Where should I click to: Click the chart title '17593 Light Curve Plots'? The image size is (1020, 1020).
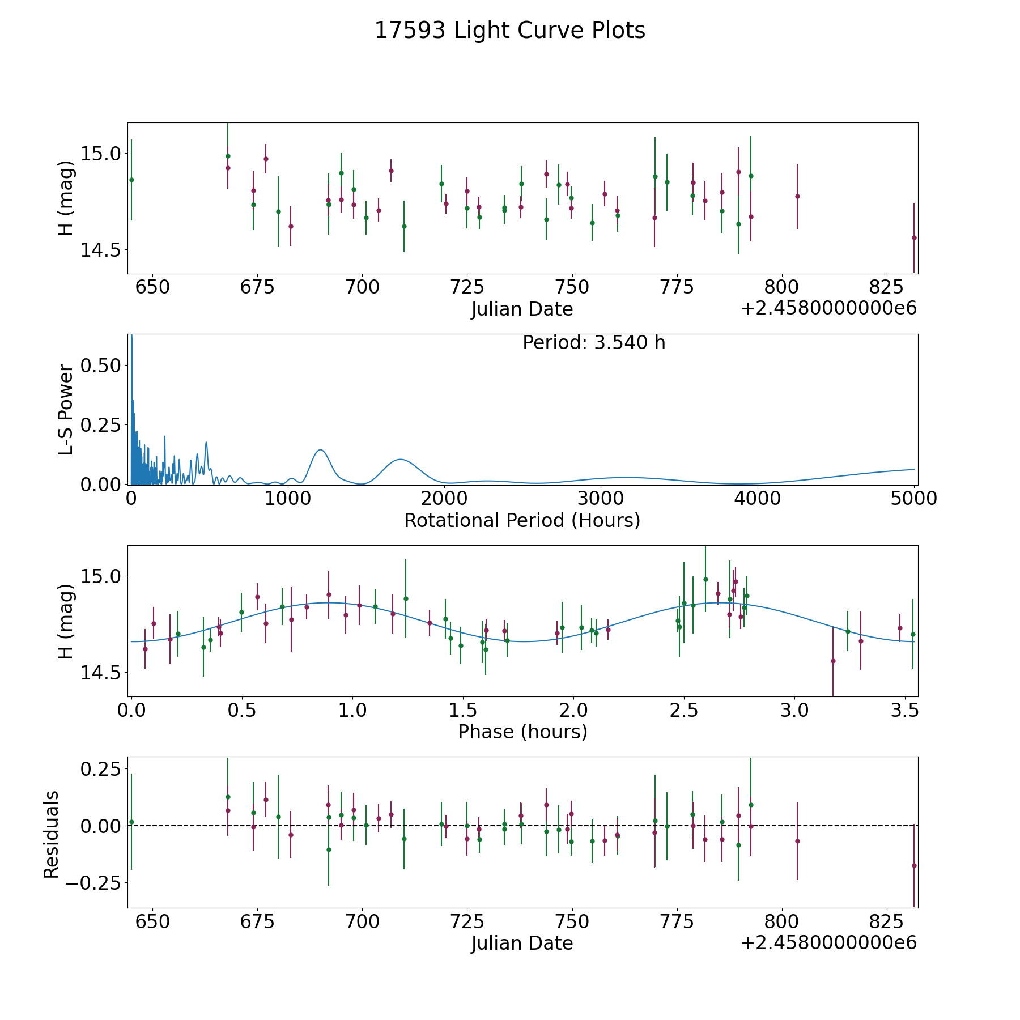point(510,31)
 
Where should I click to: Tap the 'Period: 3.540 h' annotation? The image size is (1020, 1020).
point(594,343)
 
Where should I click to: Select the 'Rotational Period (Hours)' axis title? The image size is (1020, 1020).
point(522,520)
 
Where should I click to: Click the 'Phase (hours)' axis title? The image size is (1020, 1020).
point(522,732)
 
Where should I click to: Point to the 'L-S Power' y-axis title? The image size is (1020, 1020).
point(66,409)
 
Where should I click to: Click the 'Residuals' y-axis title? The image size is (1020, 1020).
point(52,835)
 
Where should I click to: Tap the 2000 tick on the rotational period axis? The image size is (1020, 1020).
point(444,499)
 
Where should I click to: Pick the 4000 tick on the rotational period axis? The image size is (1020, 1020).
point(758,499)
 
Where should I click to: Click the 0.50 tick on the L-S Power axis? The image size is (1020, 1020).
point(100,365)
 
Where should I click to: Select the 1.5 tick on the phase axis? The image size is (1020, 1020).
point(462,710)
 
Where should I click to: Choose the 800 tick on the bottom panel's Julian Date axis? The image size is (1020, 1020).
point(781,921)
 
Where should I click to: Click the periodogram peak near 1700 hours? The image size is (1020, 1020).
point(400,459)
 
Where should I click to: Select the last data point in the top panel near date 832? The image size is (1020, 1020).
point(914,237)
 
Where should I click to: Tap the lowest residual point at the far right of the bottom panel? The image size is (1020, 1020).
point(914,865)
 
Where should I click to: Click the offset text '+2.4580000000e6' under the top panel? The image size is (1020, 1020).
point(828,309)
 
